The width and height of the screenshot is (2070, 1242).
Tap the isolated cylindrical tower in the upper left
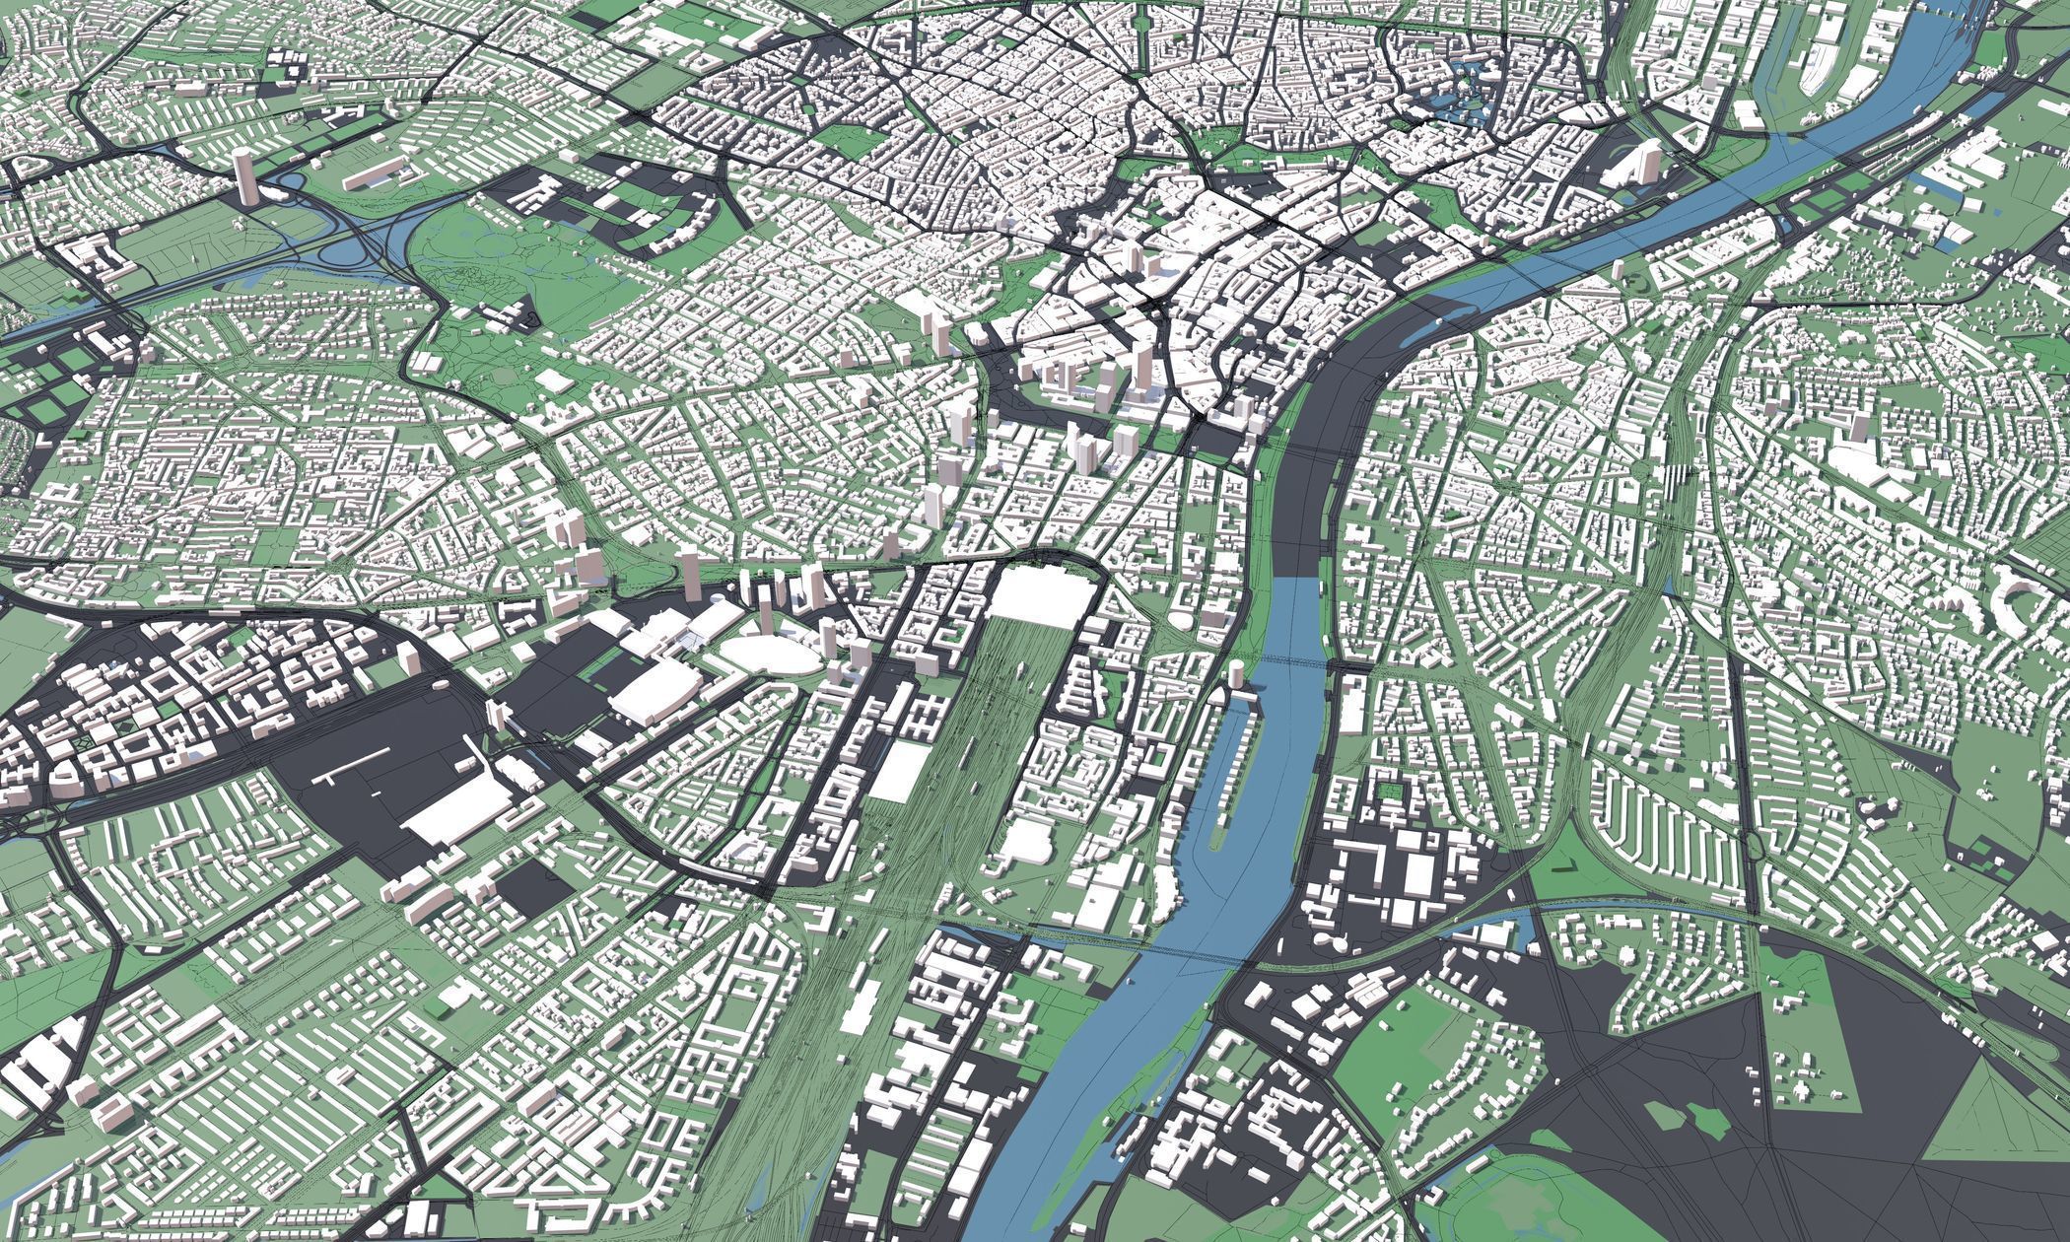pyautogui.click(x=242, y=176)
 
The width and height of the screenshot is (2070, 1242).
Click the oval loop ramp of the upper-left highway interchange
pyautogui.click(x=286, y=181)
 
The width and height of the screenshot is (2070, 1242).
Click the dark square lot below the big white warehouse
pyautogui.click(x=533, y=882)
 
